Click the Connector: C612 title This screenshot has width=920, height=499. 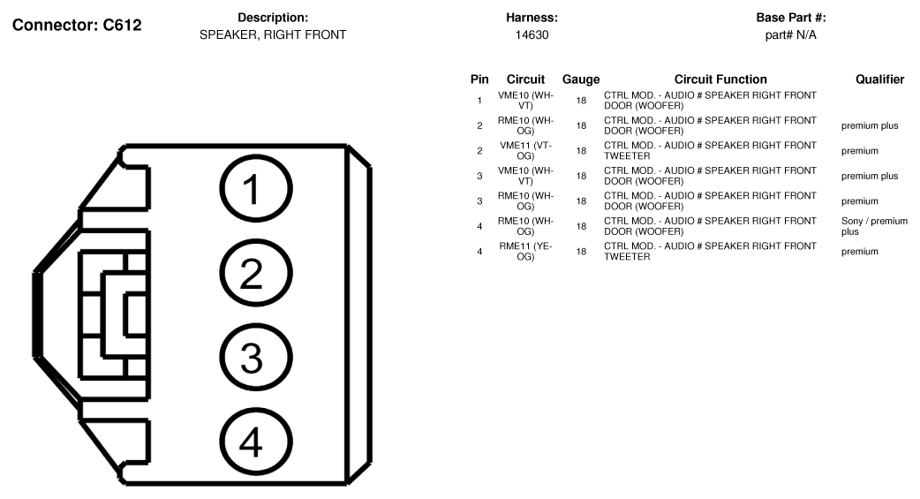pos(77,26)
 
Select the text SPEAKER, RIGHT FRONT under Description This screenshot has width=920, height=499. pos(273,34)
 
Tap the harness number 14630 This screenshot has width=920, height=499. pos(532,34)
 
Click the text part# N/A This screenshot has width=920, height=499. pos(790,34)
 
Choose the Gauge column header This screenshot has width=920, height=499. pos(581,79)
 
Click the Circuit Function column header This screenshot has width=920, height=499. pos(720,79)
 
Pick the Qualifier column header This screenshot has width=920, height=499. pos(879,79)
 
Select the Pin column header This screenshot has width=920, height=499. pos(479,79)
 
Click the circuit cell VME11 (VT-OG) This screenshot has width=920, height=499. pos(525,151)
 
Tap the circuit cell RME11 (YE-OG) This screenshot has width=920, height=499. pos(525,251)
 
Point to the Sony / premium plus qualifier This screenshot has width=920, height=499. pos(874,226)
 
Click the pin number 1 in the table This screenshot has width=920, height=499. pos(479,101)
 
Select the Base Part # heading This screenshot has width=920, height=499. pos(791,18)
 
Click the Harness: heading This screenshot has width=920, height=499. pos(532,18)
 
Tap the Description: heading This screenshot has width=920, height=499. pos(273,18)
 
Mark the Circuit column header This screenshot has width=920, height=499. pos(525,79)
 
